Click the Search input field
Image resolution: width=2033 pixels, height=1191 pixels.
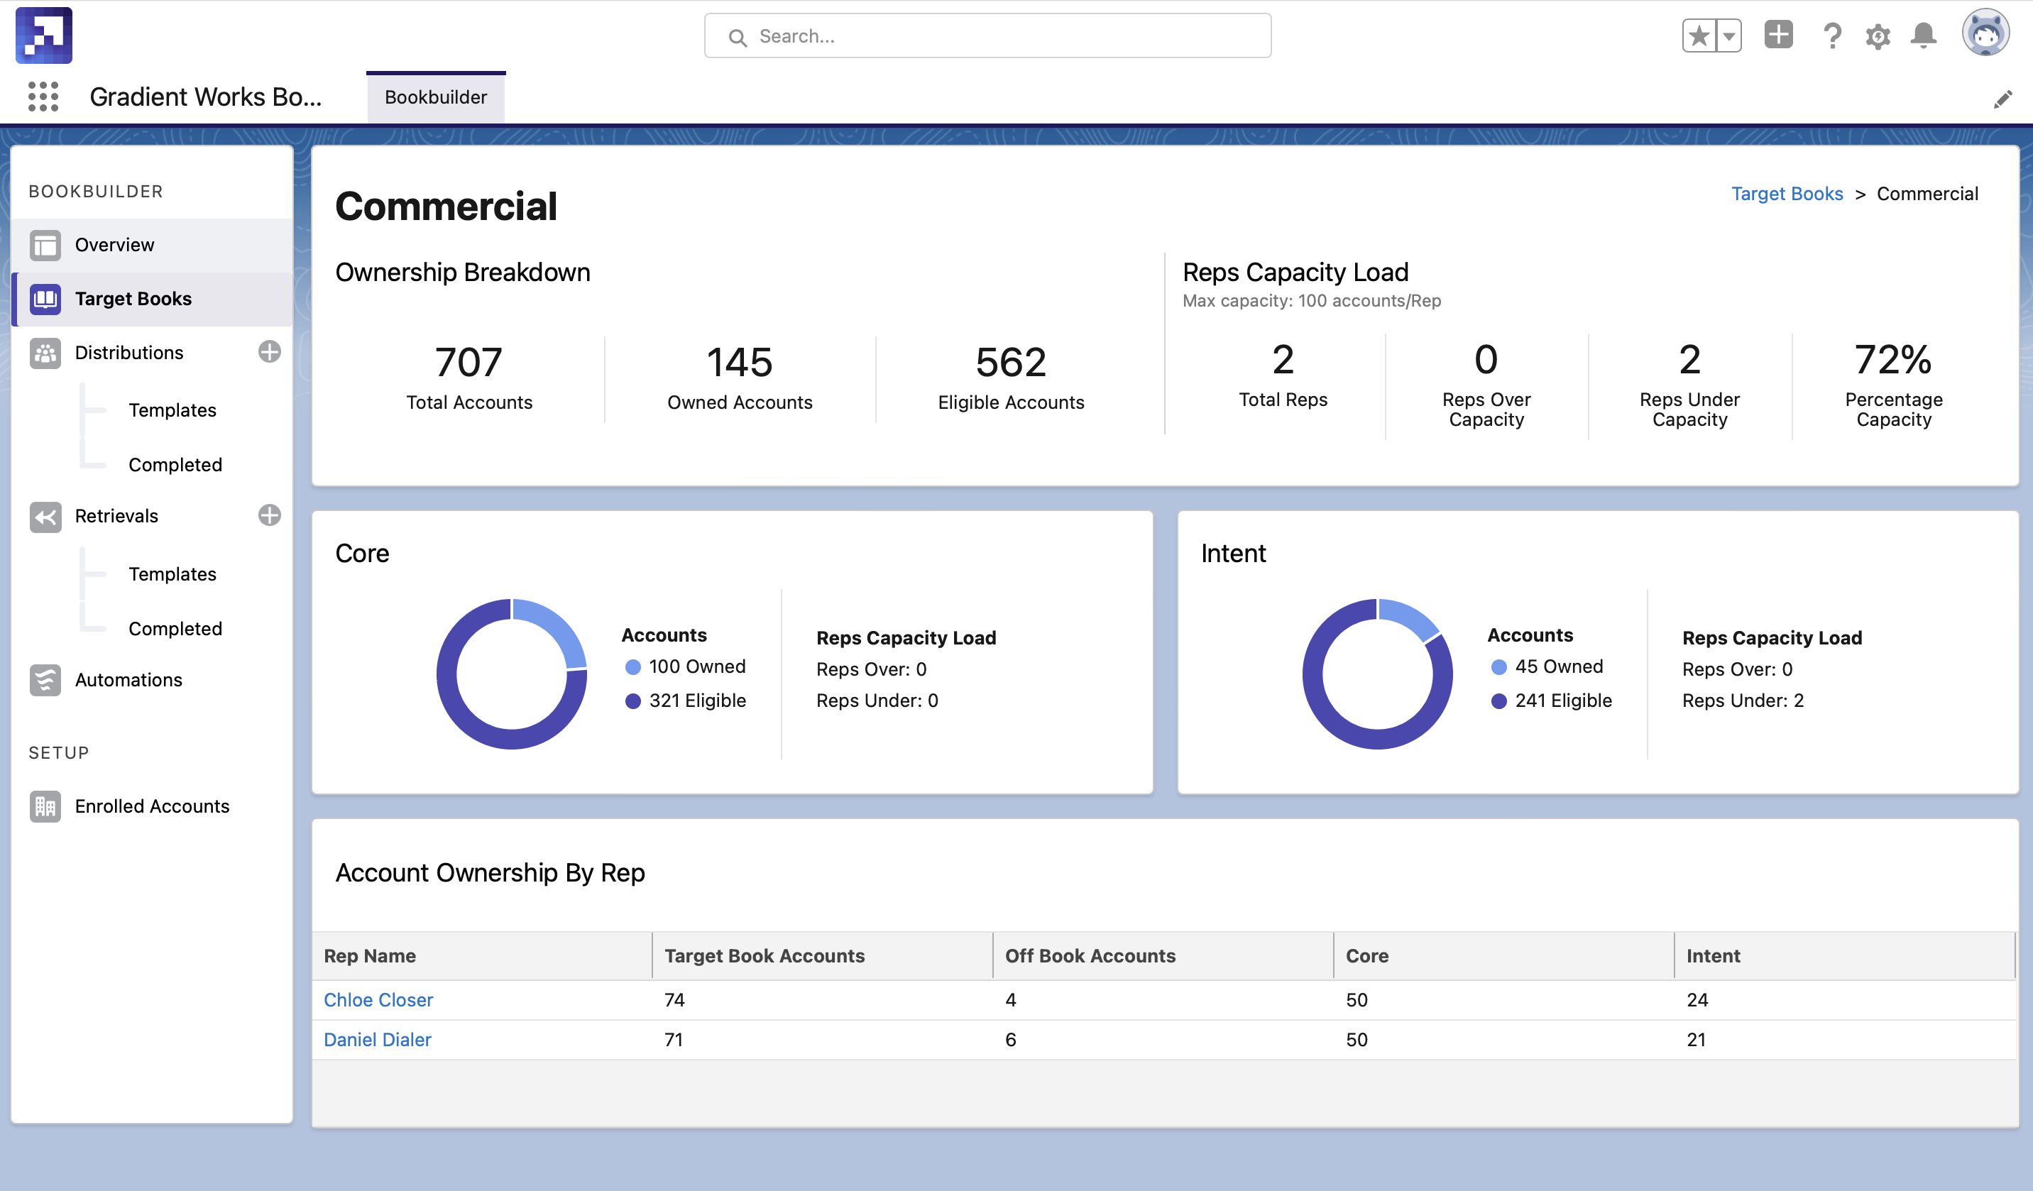[987, 36]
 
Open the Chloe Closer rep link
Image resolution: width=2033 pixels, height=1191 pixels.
[378, 1000]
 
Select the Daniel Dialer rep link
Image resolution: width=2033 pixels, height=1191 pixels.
[377, 1039]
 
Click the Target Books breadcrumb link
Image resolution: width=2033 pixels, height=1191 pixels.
[1786, 194]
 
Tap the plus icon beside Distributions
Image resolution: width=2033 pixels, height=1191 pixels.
[270, 352]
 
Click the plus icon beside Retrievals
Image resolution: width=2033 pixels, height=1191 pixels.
[270, 515]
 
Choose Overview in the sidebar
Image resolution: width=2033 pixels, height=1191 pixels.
[114, 244]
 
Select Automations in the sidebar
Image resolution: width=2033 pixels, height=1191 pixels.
[128, 679]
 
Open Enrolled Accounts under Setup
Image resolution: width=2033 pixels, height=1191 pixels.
[152, 806]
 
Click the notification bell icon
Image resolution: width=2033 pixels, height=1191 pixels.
[1923, 35]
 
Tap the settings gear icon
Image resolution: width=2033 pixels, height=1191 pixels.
[1878, 36]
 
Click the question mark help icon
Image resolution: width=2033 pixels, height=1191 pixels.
[1832, 36]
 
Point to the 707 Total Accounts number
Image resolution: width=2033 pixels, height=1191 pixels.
[468, 361]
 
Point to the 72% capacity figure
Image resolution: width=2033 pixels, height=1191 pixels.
[1892, 360]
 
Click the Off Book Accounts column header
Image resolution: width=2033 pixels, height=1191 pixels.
[1090, 955]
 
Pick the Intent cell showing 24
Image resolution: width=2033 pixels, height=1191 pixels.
[1697, 1000]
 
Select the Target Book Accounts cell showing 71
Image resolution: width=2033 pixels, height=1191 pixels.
[674, 1039]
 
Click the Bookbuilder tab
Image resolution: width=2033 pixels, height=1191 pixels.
[436, 97]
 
